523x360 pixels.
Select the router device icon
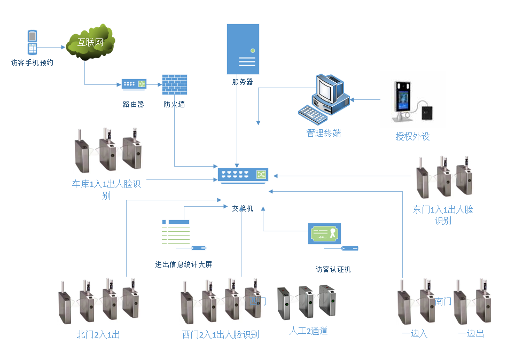pos(134,84)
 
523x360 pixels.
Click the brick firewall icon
pos(174,84)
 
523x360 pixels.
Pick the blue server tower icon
pos(243,49)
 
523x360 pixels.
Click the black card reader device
pos(429,113)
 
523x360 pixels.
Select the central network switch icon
pos(243,175)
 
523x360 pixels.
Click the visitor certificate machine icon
pos(325,233)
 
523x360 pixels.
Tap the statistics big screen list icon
pos(176,231)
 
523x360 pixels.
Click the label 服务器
pos(243,82)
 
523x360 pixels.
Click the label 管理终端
pos(323,133)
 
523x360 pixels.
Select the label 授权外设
pos(412,136)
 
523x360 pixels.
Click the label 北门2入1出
pos(98,335)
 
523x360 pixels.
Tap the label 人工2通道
pos(308,331)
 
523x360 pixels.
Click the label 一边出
pos(471,333)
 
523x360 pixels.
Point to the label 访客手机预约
pos(33,62)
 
